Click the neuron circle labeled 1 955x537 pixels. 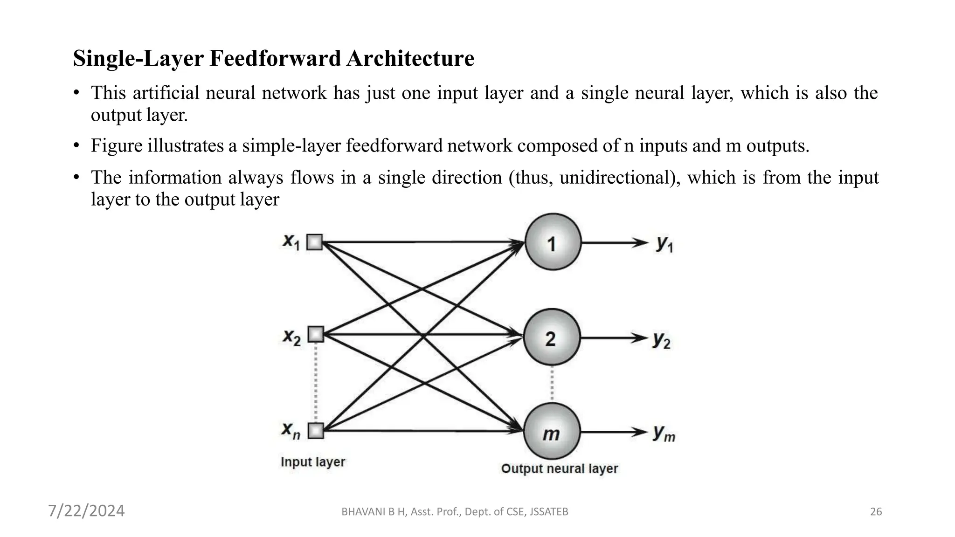tap(553, 242)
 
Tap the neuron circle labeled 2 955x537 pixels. tap(552, 337)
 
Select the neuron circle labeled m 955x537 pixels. tap(552, 432)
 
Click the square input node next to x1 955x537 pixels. tap(315, 242)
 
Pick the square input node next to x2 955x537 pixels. tap(316, 334)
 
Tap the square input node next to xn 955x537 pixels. tap(316, 430)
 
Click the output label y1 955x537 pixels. tap(664, 243)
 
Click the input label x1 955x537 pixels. tap(291, 241)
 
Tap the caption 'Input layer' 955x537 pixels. tap(312, 462)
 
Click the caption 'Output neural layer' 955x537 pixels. tap(559, 468)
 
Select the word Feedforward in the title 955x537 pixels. tap(275, 59)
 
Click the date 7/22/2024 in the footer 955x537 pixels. tap(87, 511)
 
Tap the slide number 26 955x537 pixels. tap(876, 512)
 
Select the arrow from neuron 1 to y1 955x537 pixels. tap(613, 243)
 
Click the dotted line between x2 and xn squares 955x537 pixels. tap(316, 382)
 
